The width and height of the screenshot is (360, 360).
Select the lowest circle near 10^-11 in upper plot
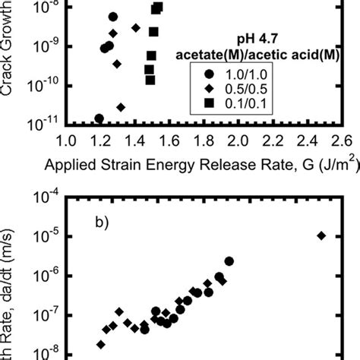[99, 118]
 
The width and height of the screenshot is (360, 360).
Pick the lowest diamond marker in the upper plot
[121, 107]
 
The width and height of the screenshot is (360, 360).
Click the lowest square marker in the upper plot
[150, 80]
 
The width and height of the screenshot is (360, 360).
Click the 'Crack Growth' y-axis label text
[11, 46]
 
